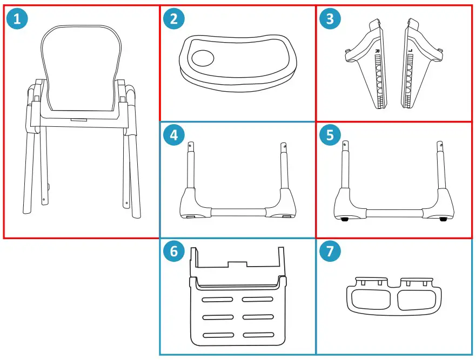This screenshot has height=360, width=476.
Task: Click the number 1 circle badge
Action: coord(17,20)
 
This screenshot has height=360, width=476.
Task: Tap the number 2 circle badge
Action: coord(173,20)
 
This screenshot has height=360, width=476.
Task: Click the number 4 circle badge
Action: coord(173,135)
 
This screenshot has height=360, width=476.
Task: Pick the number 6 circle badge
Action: coord(173,252)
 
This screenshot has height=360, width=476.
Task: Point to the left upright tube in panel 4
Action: coord(191,167)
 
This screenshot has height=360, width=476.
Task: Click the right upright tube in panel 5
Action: coord(439,165)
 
